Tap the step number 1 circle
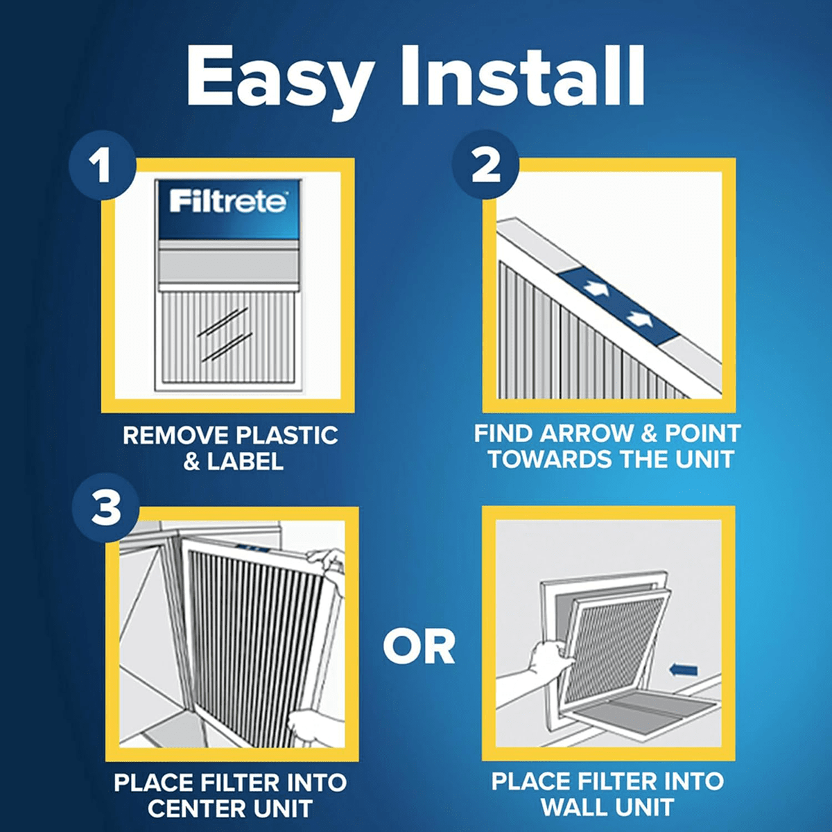103,166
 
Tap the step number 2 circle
485,165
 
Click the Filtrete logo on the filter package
227,202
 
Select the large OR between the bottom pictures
419,647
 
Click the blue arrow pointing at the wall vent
684,670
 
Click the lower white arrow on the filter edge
640,319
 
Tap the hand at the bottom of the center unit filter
312,725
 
